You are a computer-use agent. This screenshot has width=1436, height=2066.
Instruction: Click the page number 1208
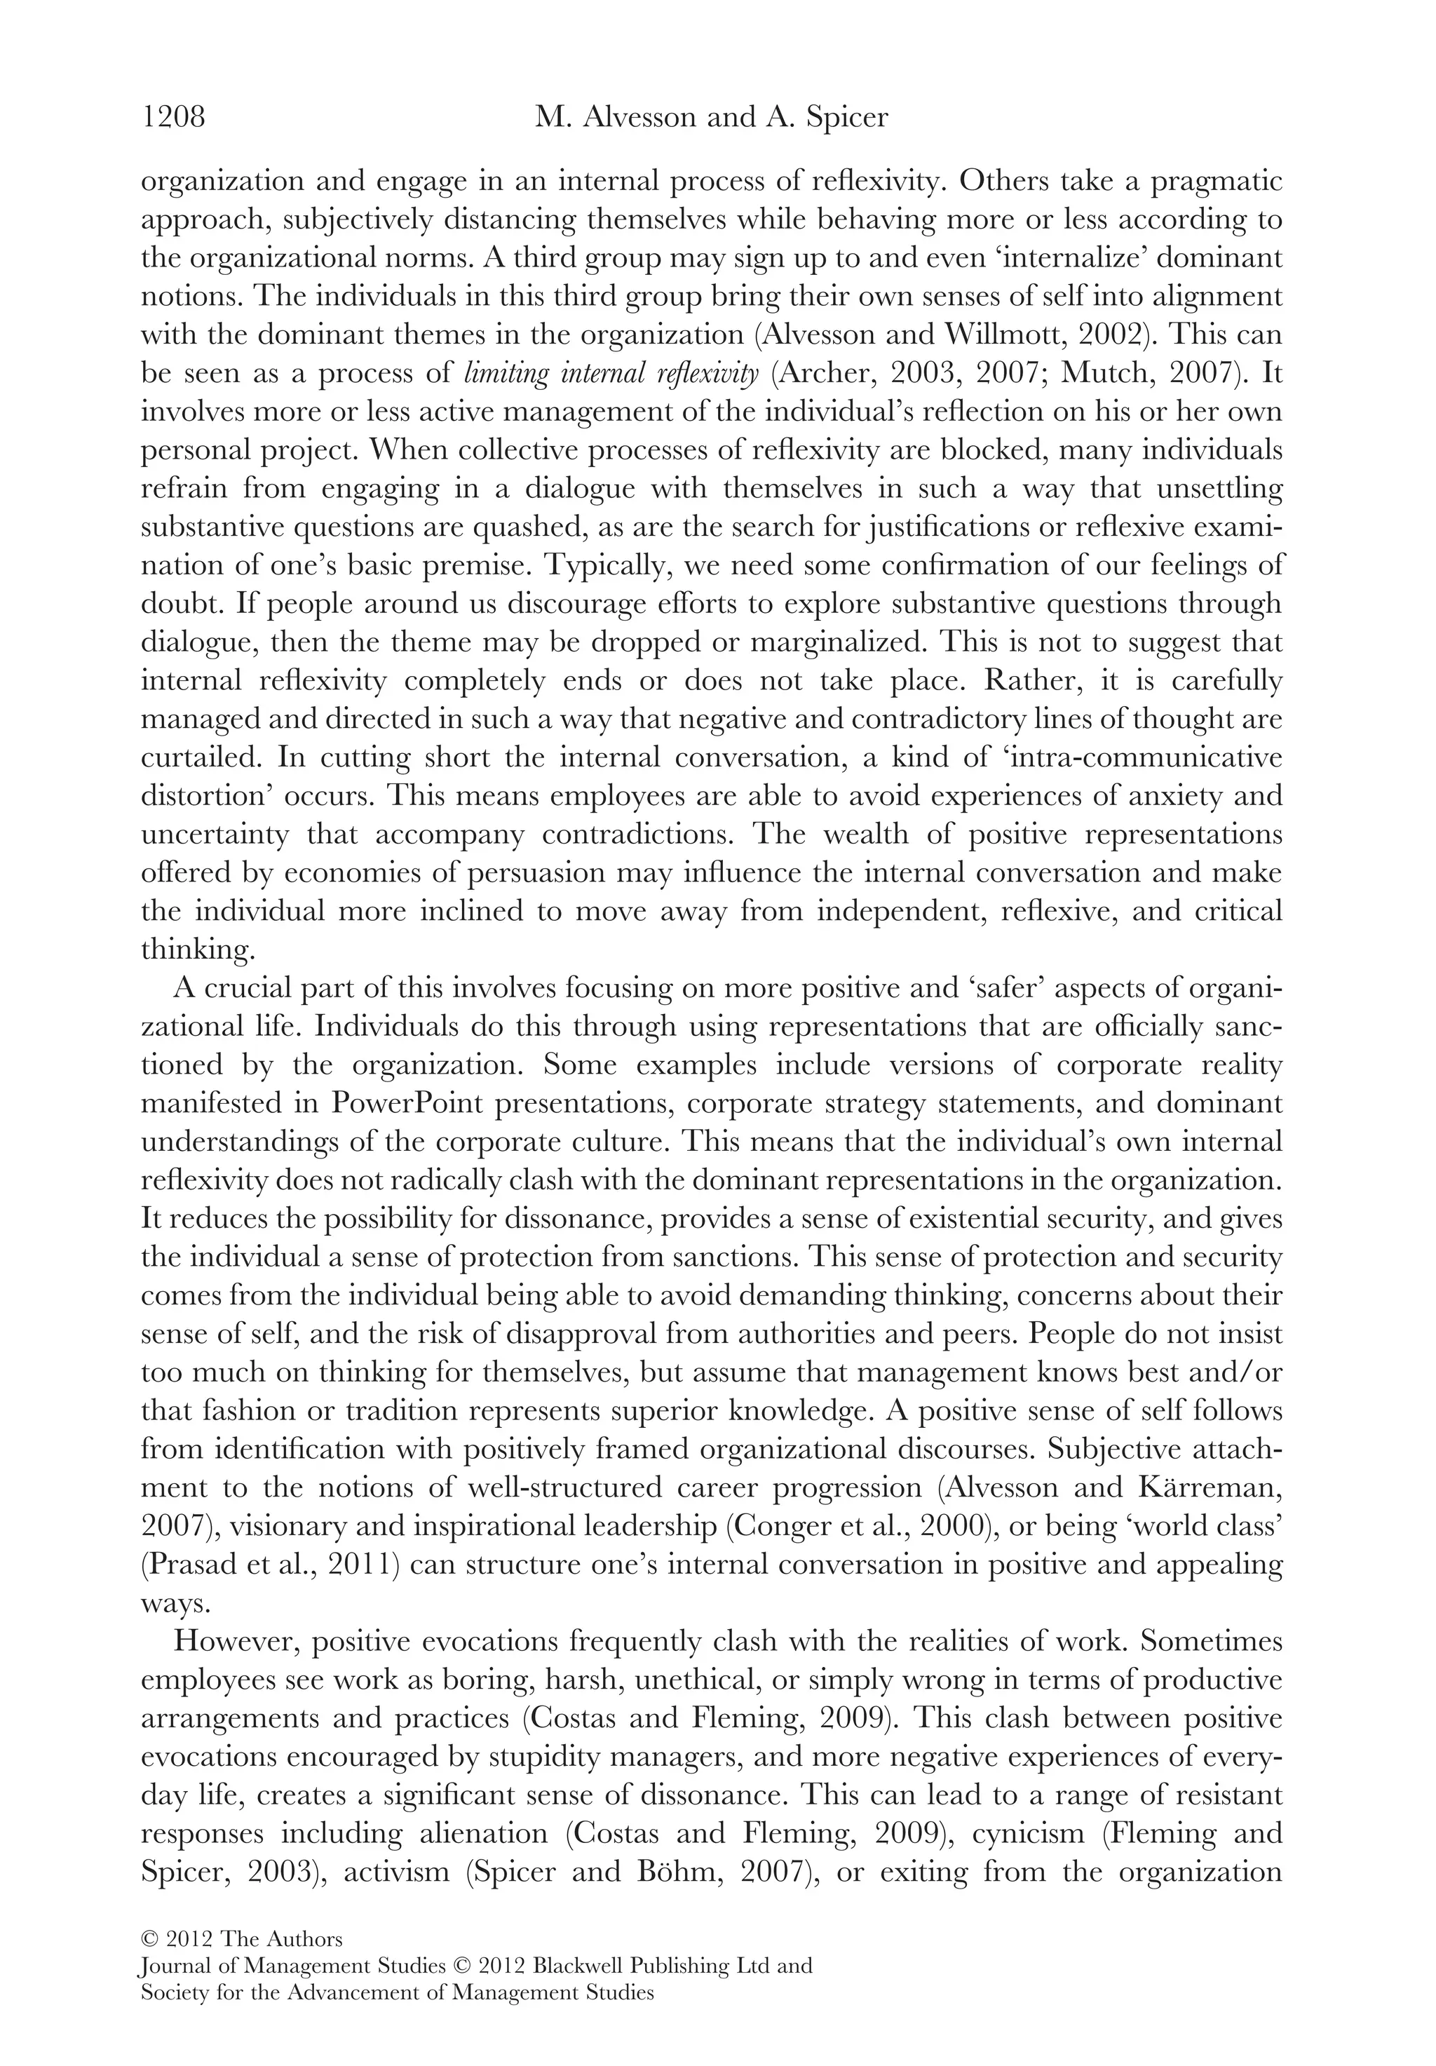click(x=174, y=118)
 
